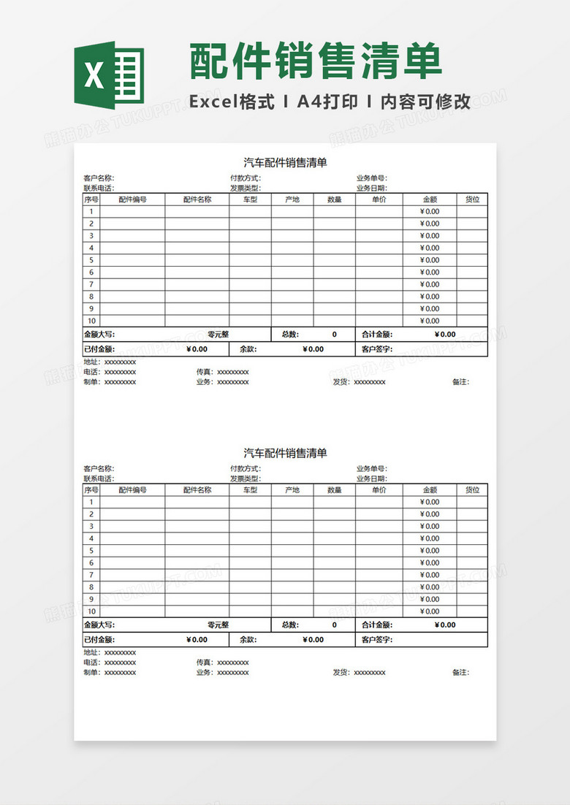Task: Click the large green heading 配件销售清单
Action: click(x=316, y=61)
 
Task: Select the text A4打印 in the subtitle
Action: click(x=327, y=102)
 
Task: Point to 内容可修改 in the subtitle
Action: click(x=427, y=102)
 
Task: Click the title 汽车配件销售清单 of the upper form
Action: click(x=285, y=163)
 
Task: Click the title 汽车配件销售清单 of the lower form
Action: click(x=285, y=453)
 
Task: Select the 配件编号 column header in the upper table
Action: click(x=132, y=199)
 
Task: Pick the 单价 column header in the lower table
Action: click(x=379, y=489)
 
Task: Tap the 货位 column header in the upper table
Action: click(x=472, y=199)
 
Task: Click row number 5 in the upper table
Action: click(x=91, y=260)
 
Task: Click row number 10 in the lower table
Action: click(x=91, y=611)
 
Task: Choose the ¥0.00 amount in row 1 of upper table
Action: click(x=430, y=212)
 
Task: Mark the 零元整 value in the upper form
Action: click(x=218, y=335)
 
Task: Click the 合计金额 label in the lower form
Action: click(x=377, y=625)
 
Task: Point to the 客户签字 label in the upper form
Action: click(x=377, y=349)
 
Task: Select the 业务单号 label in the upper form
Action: click(x=371, y=178)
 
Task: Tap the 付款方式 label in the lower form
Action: click(x=245, y=468)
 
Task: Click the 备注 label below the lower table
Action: click(x=460, y=672)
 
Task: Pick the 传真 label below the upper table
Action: click(x=204, y=372)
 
